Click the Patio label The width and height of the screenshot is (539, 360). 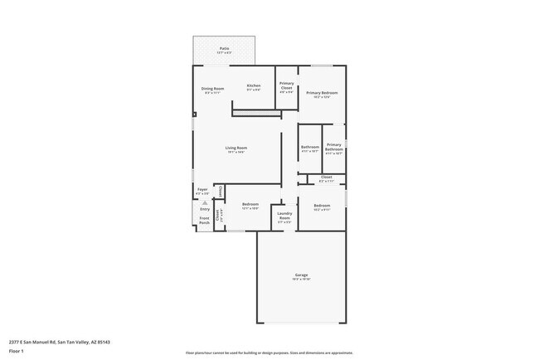click(224, 49)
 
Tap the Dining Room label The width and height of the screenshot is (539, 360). click(213, 88)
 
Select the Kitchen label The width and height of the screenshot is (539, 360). click(254, 85)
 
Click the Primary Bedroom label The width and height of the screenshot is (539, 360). click(322, 93)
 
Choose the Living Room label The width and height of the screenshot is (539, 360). click(236, 148)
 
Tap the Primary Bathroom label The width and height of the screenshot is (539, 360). click(334, 147)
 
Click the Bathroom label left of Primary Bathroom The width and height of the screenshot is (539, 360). click(310, 147)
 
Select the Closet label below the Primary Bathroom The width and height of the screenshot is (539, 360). click(326, 177)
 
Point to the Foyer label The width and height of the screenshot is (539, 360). click(202, 190)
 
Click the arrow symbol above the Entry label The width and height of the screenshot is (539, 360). click(205, 202)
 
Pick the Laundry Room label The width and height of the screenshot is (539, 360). click(284, 216)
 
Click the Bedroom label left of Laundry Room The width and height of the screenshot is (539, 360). click(250, 204)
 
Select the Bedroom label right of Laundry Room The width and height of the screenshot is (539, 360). click(322, 205)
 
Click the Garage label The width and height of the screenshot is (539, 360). click(301, 275)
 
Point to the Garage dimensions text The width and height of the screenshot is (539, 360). click(301, 280)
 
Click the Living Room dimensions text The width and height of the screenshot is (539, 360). click(236, 152)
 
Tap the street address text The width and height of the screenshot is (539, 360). click(60, 342)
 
